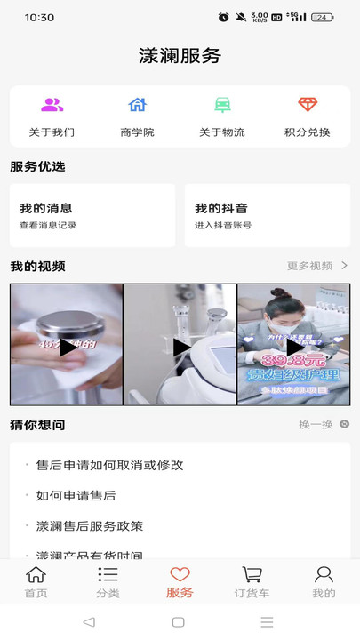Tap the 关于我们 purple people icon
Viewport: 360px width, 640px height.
pyautogui.click(x=52, y=105)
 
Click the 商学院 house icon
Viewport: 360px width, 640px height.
pyautogui.click(x=137, y=105)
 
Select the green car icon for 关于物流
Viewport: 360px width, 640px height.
pyautogui.click(x=222, y=105)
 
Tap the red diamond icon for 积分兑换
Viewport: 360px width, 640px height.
pyautogui.click(x=308, y=105)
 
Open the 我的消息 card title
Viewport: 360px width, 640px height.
pyautogui.click(x=46, y=208)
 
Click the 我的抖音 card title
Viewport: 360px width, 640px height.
pyautogui.click(x=221, y=208)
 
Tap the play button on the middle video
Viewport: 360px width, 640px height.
pyautogui.click(x=180, y=347)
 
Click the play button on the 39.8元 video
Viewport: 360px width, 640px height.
pyautogui.click(x=294, y=347)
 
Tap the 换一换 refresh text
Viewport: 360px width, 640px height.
pyautogui.click(x=316, y=425)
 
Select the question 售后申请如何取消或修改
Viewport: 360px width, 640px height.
pyautogui.click(x=109, y=465)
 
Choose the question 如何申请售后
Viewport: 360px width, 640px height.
pyautogui.click(x=76, y=495)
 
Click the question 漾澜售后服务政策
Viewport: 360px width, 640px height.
pyautogui.click(x=89, y=525)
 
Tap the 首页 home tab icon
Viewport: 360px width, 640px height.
pyautogui.click(x=36, y=575)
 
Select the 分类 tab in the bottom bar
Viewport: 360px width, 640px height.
pyautogui.click(x=108, y=582)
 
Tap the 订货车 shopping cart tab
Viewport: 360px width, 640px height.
pyautogui.click(x=252, y=582)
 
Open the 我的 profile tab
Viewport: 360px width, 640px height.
pyautogui.click(x=324, y=582)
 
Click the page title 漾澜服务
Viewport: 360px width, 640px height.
pyautogui.click(x=180, y=56)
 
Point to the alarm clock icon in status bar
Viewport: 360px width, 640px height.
pyautogui.click(x=223, y=17)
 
